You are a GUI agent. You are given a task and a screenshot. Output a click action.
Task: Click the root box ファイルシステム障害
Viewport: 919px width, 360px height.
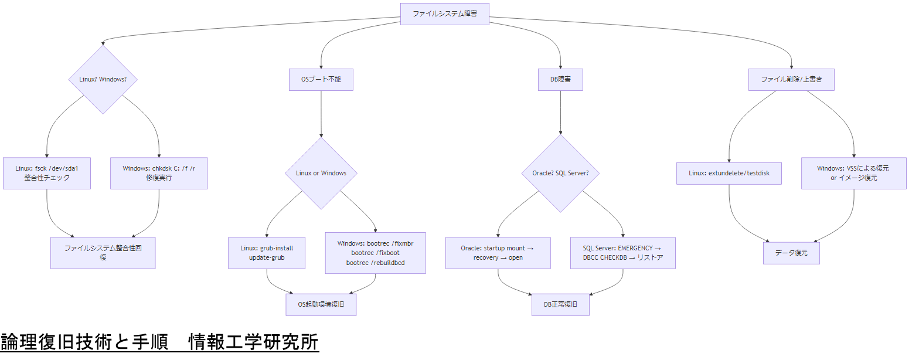pyautogui.click(x=444, y=14)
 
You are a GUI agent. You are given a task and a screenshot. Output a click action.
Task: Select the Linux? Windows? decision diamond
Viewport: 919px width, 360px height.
pyautogui.click(x=103, y=79)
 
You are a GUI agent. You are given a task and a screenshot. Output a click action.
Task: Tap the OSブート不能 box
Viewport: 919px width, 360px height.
pyautogui.click(x=321, y=80)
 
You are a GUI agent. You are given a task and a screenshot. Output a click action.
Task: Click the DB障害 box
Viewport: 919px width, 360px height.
pyautogui.click(x=560, y=80)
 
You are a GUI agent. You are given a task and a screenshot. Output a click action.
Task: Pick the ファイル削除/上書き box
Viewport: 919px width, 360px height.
pyautogui.click(x=791, y=80)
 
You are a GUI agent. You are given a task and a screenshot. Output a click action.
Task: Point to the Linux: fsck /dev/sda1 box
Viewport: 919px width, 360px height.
pyautogui.click(x=47, y=173)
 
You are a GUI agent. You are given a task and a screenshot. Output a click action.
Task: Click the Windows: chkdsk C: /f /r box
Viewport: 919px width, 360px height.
pyautogui.click(x=159, y=173)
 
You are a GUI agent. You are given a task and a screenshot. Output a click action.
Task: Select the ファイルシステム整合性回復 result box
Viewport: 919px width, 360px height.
pyautogui.click(x=103, y=253)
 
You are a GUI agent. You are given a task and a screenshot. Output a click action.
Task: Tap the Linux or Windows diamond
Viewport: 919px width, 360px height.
pyautogui.click(x=321, y=173)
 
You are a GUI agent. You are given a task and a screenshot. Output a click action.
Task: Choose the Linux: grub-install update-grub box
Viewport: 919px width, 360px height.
pyautogui.click(x=267, y=253)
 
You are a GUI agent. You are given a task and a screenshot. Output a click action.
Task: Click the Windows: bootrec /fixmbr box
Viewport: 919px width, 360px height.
pyautogui.click(x=375, y=253)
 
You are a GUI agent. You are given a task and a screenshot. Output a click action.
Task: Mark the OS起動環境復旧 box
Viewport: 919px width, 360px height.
pyautogui.click(x=321, y=304)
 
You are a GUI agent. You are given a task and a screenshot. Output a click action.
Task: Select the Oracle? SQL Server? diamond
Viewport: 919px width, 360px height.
pyautogui.click(x=560, y=173)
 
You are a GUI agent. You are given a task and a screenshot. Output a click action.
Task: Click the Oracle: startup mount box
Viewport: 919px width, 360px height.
pyautogui.click(x=498, y=253)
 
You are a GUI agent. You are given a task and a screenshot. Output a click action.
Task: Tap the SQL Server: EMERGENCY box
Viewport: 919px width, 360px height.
pyautogui.click(x=623, y=253)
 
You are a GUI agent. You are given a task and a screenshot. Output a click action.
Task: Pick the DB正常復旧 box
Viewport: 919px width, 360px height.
pyautogui.click(x=560, y=304)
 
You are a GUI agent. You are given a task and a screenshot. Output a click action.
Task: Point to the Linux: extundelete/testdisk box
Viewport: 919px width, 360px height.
pyautogui.click(x=729, y=173)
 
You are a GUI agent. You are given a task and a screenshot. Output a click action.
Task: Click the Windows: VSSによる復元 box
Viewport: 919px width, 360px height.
pyautogui.click(x=853, y=173)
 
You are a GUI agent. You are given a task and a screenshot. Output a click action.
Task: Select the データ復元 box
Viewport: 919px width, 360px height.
pyautogui.click(x=791, y=253)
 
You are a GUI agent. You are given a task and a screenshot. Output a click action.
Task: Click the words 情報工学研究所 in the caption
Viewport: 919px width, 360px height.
pyautogui.click(x=253, y=342)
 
